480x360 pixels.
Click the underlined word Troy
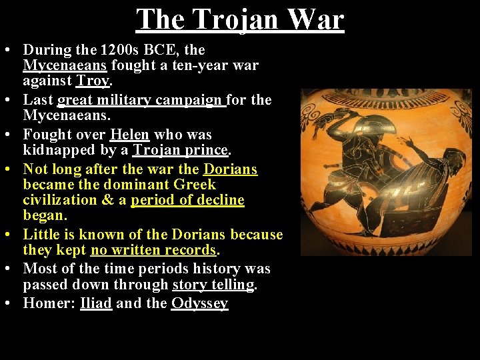click(93, 81)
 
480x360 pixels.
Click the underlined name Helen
click(130, 134)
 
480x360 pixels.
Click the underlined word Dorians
click(231, 169)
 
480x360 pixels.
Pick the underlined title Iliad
click(96, 303)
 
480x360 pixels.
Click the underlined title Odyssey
click(200, 303)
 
